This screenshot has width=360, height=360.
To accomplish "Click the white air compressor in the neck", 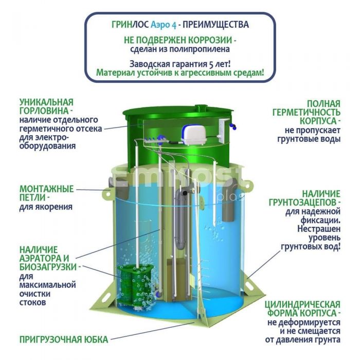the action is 192,134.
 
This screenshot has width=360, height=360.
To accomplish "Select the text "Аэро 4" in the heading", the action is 164,25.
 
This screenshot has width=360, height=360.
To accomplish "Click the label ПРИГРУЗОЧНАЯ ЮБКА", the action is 64,339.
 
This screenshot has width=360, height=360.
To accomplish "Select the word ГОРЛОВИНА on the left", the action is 44,111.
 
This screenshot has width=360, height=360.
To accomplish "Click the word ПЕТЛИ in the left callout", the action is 32,197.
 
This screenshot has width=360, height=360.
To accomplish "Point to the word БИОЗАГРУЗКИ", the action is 48,267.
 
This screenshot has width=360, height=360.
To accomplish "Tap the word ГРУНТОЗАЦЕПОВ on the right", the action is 303,203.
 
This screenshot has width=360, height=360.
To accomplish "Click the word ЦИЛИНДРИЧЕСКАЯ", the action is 302,304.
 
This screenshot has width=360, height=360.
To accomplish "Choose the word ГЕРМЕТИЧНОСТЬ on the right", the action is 307,112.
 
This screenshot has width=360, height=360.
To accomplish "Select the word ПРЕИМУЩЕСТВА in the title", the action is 216,25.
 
